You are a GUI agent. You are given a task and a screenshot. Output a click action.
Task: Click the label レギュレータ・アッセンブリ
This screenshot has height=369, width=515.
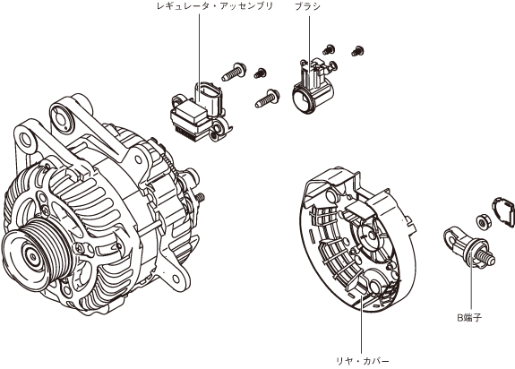(215, 6)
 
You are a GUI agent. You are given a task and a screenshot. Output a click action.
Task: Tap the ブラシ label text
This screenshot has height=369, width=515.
(307, 6)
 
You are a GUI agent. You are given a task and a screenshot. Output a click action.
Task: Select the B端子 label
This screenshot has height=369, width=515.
(469, 317)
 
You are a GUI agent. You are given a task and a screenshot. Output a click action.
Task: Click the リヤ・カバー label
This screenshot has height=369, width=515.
(362, 361)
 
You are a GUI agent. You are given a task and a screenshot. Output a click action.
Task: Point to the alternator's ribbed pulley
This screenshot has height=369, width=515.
(36, 253)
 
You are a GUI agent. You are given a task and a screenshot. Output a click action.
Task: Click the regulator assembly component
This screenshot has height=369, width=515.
(201, 113)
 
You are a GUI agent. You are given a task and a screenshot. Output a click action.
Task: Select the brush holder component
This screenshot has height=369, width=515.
(313, 87)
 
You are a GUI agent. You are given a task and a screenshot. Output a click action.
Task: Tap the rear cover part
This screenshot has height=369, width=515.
(358, 240)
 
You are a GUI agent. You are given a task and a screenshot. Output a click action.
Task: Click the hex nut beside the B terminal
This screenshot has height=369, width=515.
(483, 223)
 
